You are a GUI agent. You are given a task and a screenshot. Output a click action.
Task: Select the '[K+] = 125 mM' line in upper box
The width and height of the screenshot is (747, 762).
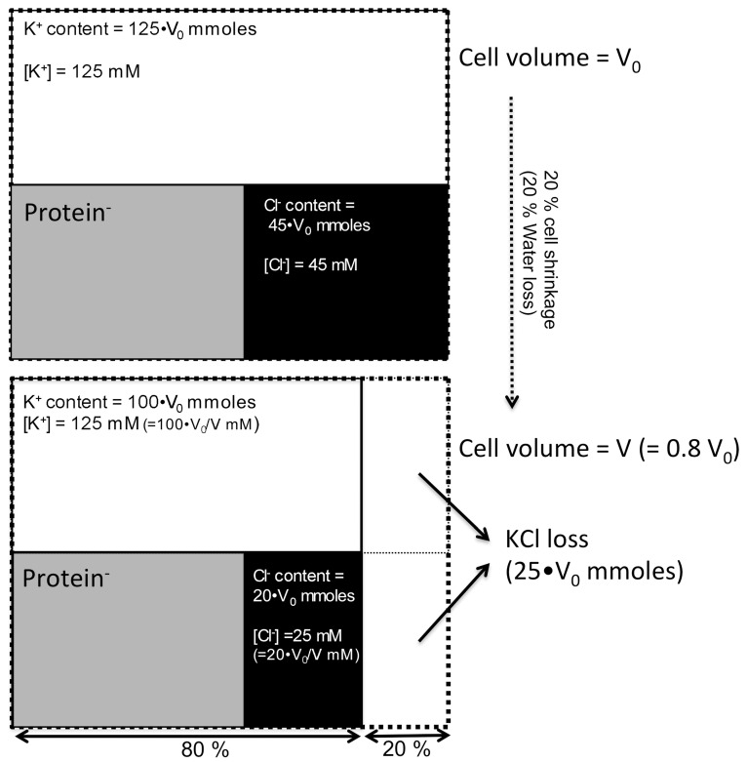76,70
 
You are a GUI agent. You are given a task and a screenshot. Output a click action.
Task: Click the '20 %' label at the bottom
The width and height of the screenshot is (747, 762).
407,748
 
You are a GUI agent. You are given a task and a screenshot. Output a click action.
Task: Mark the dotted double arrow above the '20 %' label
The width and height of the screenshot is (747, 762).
407,729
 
